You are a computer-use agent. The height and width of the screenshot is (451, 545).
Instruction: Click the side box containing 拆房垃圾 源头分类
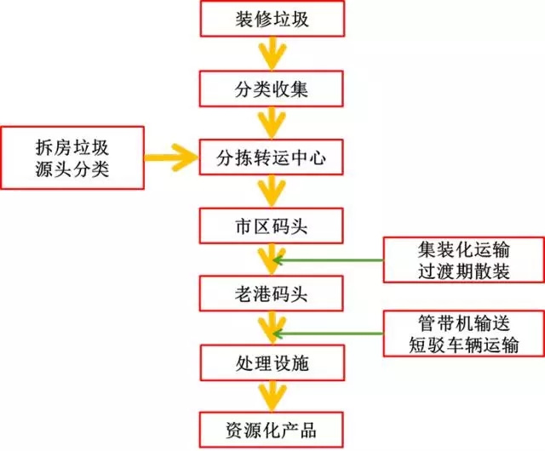click(x=72, y=157)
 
